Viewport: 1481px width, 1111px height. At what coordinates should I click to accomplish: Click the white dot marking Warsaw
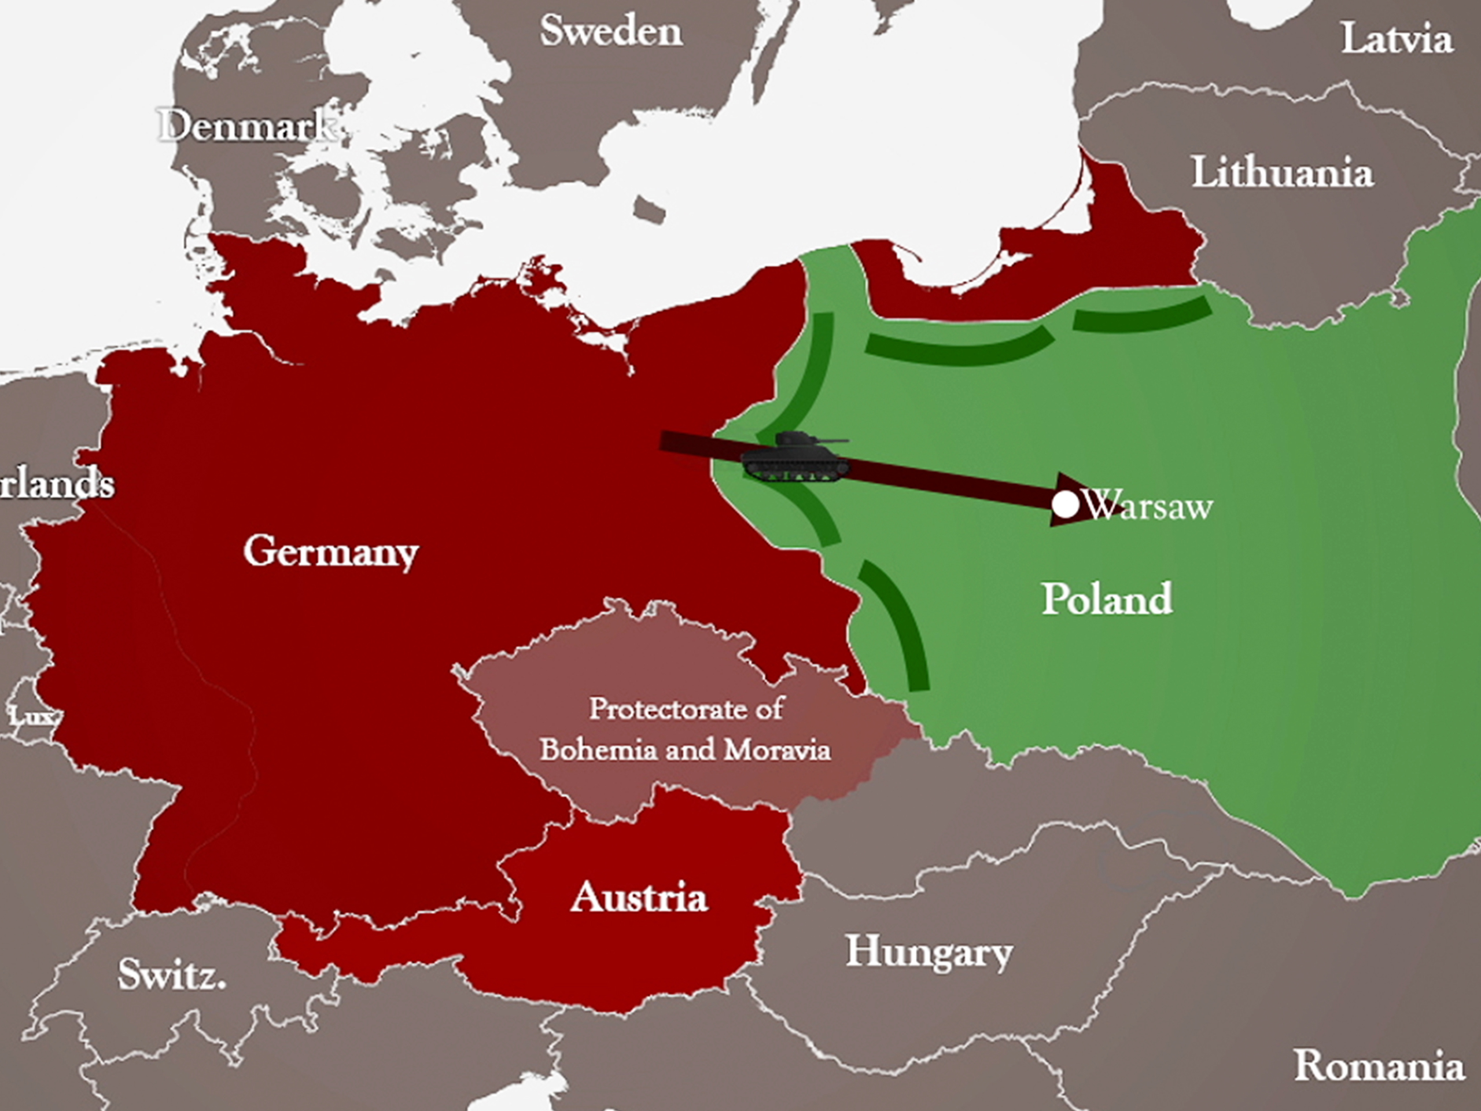1065,504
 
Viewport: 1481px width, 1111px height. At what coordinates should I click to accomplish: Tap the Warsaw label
1149,506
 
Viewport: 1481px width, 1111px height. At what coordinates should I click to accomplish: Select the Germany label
331,552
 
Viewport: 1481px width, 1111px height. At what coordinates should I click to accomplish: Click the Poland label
1107,598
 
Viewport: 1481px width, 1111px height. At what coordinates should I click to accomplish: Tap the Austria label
639,897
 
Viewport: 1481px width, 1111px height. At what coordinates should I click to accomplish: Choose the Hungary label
929,952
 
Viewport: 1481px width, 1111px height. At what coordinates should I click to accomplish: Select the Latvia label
1397,39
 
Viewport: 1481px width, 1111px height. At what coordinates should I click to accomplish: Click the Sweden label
611,31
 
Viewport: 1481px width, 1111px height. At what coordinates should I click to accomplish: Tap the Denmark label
246,125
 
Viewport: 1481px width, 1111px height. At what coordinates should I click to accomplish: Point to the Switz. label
171,974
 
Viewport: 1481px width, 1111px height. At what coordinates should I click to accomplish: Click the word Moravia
776,749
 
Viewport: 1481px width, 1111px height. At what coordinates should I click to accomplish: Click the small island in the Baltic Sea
649,209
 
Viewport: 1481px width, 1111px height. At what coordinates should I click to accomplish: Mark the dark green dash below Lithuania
1141,315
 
